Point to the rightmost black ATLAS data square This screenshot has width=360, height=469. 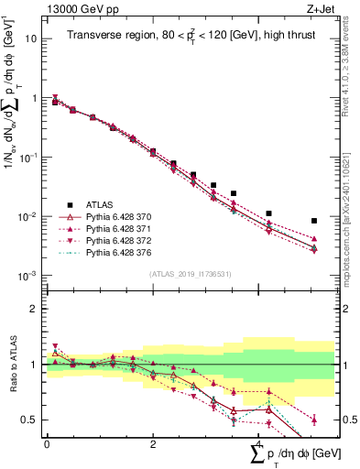[314, 221]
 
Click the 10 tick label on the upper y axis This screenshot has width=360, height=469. [32, 38]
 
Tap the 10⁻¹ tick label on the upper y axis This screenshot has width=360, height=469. [29, 157]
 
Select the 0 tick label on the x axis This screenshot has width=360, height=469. [47, 442]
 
